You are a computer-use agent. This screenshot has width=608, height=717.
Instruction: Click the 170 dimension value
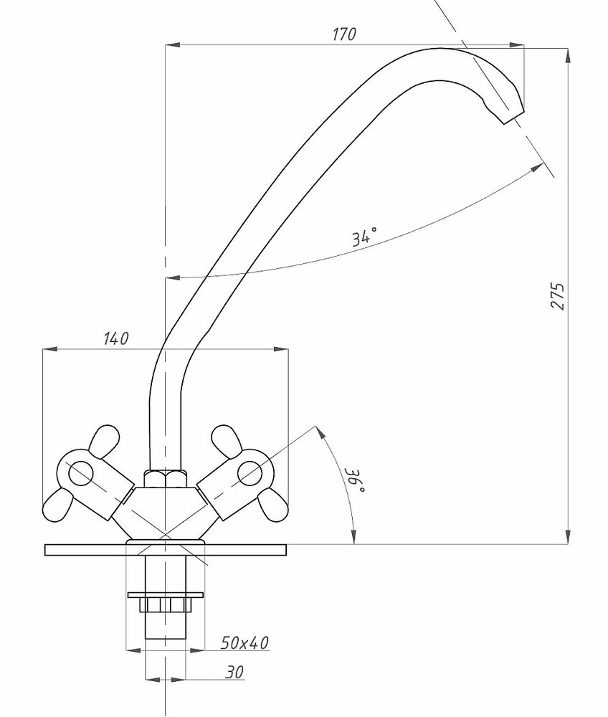coord(344,34)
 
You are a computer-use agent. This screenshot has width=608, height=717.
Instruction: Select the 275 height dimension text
coord(558,296)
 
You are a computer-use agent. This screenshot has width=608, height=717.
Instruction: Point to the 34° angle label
coord(364,236)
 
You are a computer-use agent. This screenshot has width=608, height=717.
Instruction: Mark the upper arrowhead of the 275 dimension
coord(568,54)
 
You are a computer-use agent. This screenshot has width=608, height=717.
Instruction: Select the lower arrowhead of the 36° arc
coord(354,539)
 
